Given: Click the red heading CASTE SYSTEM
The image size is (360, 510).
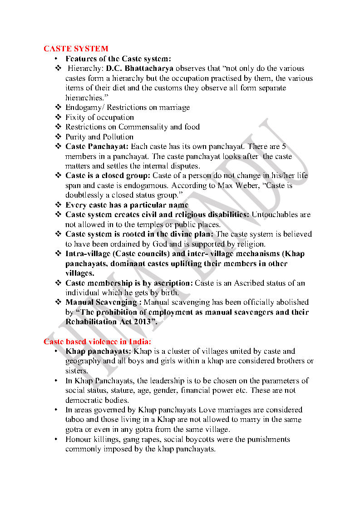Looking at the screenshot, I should coord(76,49).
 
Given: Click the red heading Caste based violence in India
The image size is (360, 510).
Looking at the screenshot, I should coord(97,341).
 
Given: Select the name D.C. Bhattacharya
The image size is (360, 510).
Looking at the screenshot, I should coord(140,69).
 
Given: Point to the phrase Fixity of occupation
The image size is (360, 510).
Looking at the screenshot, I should coord(100,117).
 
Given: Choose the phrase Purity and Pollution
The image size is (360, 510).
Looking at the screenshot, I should coord(99,137).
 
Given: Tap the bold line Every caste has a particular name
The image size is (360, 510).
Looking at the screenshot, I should coord(127,205).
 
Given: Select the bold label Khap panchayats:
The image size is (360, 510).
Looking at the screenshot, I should coord(99,352).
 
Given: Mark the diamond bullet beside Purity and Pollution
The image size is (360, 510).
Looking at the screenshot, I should coord(58,137).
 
